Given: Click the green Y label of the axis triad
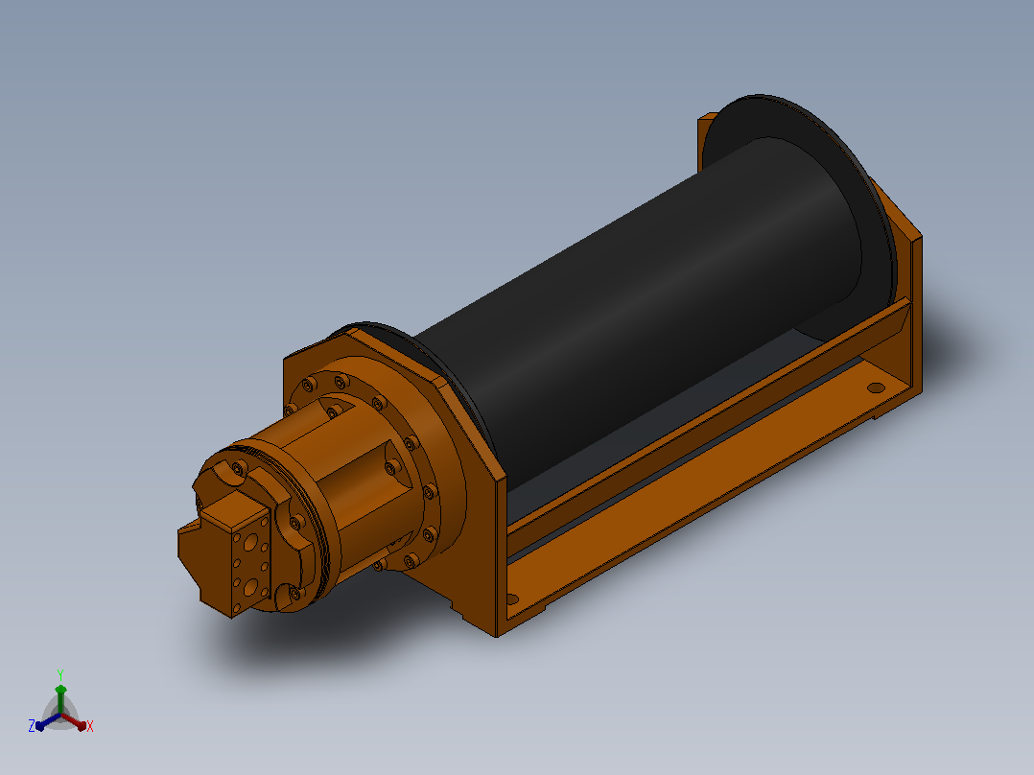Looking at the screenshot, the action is (60, 674).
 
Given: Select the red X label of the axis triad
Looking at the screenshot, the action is (90, 726).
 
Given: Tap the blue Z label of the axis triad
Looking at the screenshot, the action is (31, 725).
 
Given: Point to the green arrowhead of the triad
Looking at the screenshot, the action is (60, 690).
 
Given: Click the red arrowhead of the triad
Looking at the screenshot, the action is (82, 725).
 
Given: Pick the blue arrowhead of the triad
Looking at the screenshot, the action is (40, 725).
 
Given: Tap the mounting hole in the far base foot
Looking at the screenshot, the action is (875, 387).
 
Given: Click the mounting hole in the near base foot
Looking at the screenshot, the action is (511, 599).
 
